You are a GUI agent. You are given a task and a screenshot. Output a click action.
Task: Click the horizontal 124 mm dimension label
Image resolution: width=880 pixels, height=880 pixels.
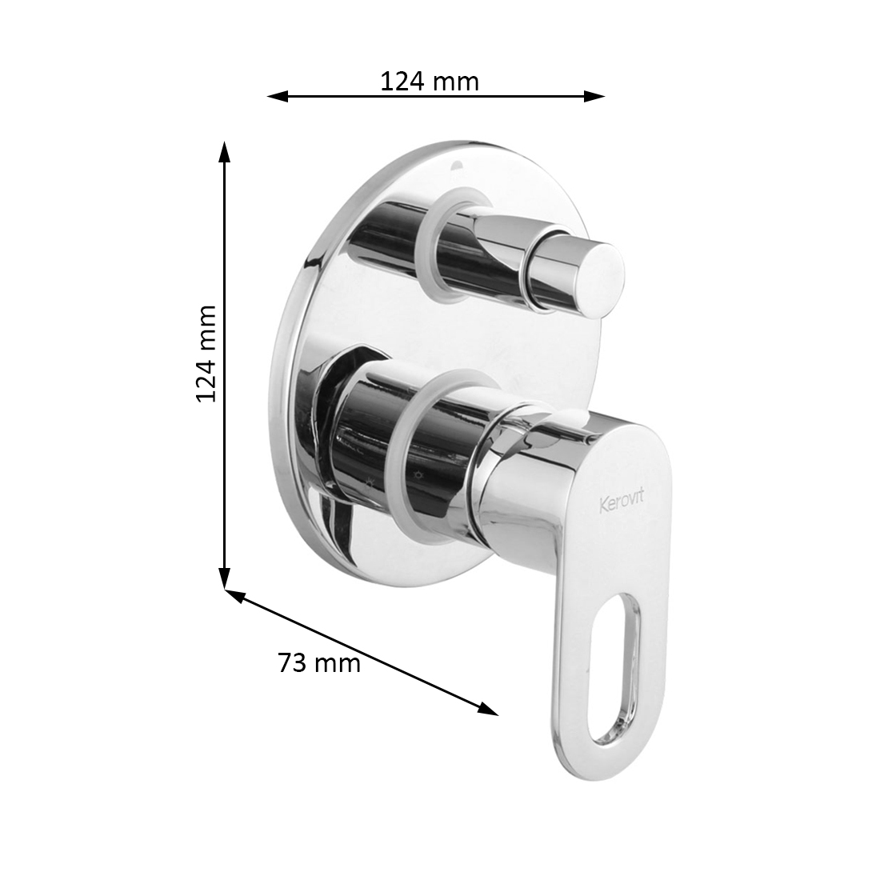click(x=430, y=82)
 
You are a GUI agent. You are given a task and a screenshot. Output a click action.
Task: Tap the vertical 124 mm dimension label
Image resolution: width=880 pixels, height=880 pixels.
click(x=206, y=354)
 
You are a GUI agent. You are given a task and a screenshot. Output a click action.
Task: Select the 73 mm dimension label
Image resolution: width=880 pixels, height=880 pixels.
click(x=318, y=663)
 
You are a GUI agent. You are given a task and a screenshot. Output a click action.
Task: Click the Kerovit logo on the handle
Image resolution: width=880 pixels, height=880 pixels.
click(x=622, y=501)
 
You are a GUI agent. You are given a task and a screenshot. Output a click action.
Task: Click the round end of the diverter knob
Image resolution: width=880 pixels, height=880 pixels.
click(x=600, y=271)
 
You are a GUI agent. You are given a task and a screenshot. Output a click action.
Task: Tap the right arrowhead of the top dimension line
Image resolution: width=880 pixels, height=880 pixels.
click(x=594, y=97)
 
